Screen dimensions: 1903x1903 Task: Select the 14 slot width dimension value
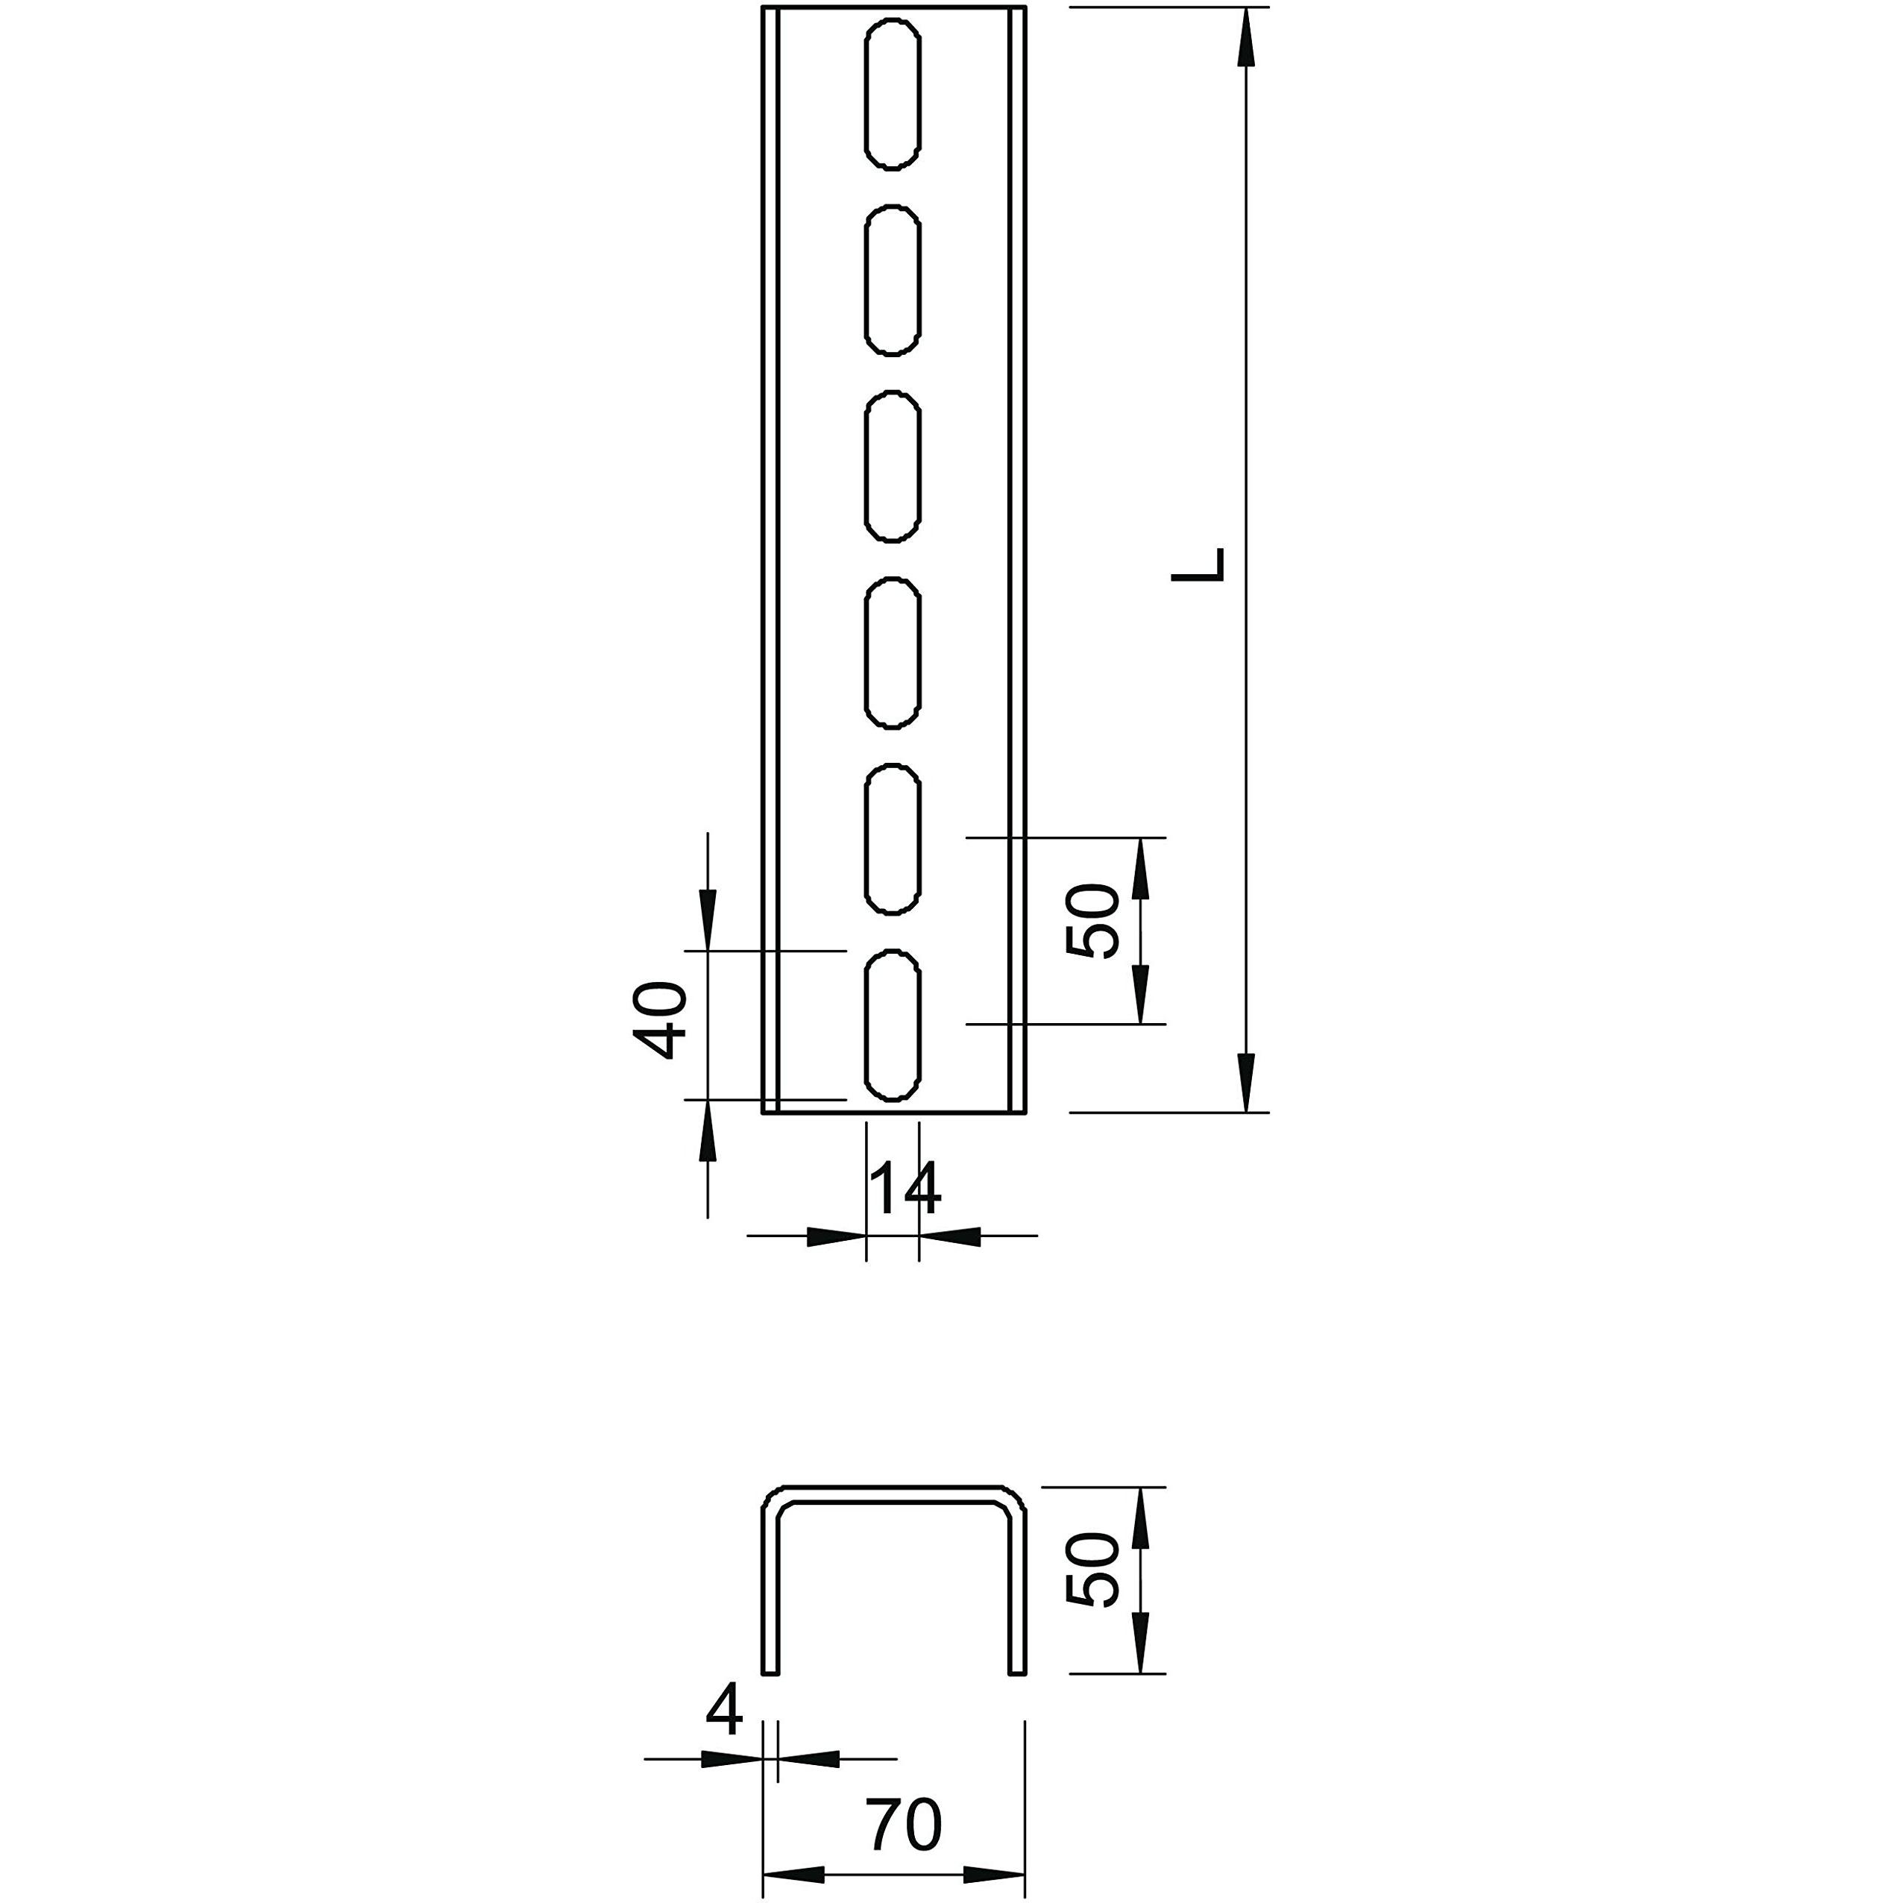(905, 1189)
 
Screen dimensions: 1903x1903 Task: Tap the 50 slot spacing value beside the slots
(1093, 921)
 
